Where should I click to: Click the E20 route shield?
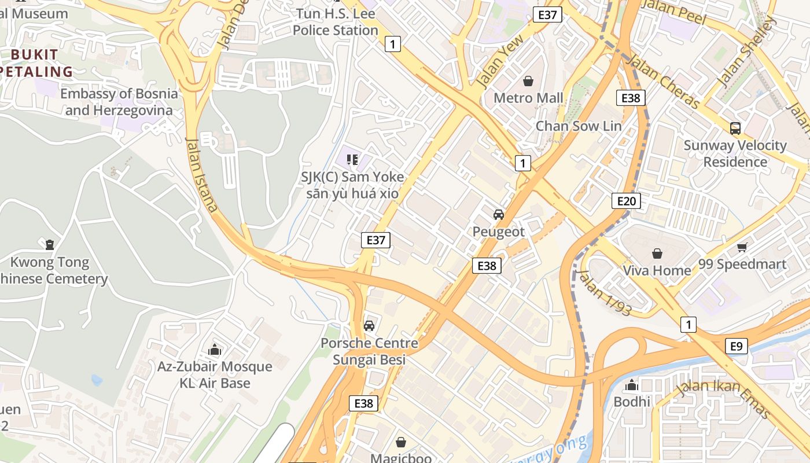[x=626, y=201]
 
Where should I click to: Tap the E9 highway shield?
[x=736, y=346]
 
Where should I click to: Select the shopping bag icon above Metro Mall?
[x=528, y=81]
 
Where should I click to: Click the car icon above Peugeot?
[x=499, y=215]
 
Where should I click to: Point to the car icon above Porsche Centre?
[x=369, y=326]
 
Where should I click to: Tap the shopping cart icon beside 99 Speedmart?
[x=742, y=248]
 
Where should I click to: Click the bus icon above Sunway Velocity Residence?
[x=735, y=128]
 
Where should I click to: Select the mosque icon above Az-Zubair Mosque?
[x=215, y=350]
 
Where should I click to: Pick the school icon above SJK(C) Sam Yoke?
[x=352, y=159]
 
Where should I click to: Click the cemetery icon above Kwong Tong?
[x=50, y=245]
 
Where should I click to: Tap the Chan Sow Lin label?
[x=579, y=126]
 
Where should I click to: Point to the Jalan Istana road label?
[x=202, y=175]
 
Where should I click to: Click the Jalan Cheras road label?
[x=663, y=80]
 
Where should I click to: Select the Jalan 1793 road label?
[x=604, y=293]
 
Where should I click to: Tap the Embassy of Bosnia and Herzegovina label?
[x=119, y=102]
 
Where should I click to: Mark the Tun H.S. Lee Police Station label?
[x=335, y=22]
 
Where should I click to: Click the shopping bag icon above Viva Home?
[x=657, y=253]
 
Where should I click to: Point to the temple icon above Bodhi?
[x=632, y=385]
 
